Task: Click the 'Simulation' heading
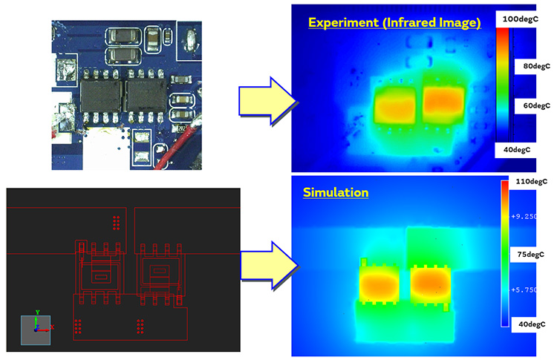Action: pos(336,192)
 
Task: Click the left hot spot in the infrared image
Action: pos(397,104)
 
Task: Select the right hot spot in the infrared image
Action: pos(443,102)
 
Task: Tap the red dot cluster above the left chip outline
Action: pos(115,222)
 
